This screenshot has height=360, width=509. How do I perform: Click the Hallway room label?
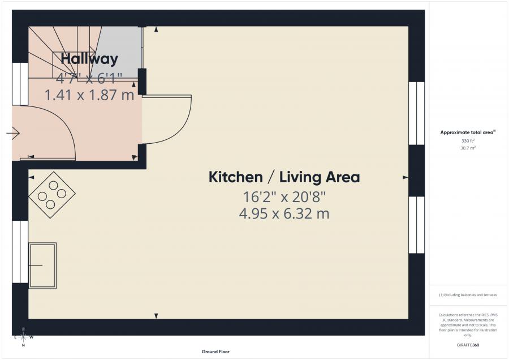pyautogui.click(x=89, y=58)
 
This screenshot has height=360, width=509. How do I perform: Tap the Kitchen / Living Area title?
pyautogui.click(x=284, y=177)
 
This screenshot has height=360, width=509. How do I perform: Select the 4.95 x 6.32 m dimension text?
pyautogui.click(x=284, y=214)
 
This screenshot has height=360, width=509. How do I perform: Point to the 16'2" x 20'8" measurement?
pyautogui.click(x=284, y=197)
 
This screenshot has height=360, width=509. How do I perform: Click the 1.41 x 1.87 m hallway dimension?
pyautogui.click(x=89, y=95)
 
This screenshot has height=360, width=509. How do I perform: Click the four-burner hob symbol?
pyautogui.click(x=51, y=195)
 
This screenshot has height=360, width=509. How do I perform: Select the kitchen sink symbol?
pyautogui.click(x=42, y=265)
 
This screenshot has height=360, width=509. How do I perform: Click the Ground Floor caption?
pyautogui.click(x=215, y=352)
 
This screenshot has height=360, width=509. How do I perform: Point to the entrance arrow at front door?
pyautogui.click(x=13, y=134)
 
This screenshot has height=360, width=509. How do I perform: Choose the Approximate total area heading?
pyautogui.click(x=467, y=132)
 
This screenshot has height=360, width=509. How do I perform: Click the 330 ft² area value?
pyautogui.click(x=467, y=140)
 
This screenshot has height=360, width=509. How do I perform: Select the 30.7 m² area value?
pyautogui.click(x=467, y=148)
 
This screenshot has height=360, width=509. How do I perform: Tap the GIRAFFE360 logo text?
pyautogui.click(x=467, y=344)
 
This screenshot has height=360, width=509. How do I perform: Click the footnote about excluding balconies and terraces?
pyautogui.click(x=467, y=295)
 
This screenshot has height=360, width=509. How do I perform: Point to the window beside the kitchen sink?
pyautogui.click(x=20, y=251)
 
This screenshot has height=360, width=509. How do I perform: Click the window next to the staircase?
pyautogui.click(x=20, y=84)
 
